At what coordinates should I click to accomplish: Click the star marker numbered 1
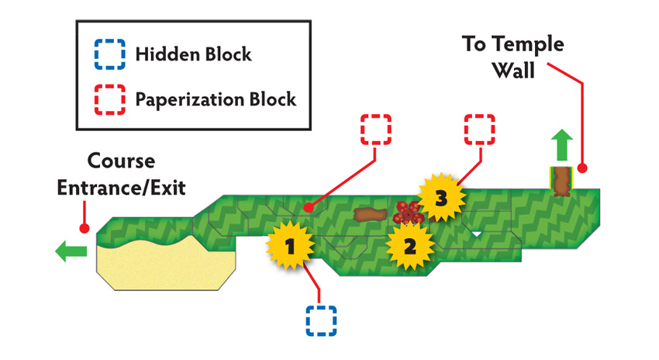290,246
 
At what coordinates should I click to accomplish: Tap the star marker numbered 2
410,246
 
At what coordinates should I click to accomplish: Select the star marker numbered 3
441,197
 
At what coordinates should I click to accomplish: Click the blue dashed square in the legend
109,54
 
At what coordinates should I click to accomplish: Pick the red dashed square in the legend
109,99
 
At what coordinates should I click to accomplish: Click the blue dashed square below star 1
321,321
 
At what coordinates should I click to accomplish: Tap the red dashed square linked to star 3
480,130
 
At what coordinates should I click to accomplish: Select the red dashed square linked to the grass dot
376,130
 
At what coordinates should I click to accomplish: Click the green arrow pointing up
562,145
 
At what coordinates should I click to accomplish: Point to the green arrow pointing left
71,251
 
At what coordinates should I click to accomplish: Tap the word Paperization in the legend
189,100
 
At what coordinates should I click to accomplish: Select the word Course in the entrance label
121,161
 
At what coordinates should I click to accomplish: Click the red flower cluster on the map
408,213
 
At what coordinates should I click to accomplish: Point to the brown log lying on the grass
371,215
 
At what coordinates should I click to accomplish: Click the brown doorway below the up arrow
561,182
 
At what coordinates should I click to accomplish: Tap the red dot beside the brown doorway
582,168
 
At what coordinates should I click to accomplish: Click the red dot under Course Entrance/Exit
85,228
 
